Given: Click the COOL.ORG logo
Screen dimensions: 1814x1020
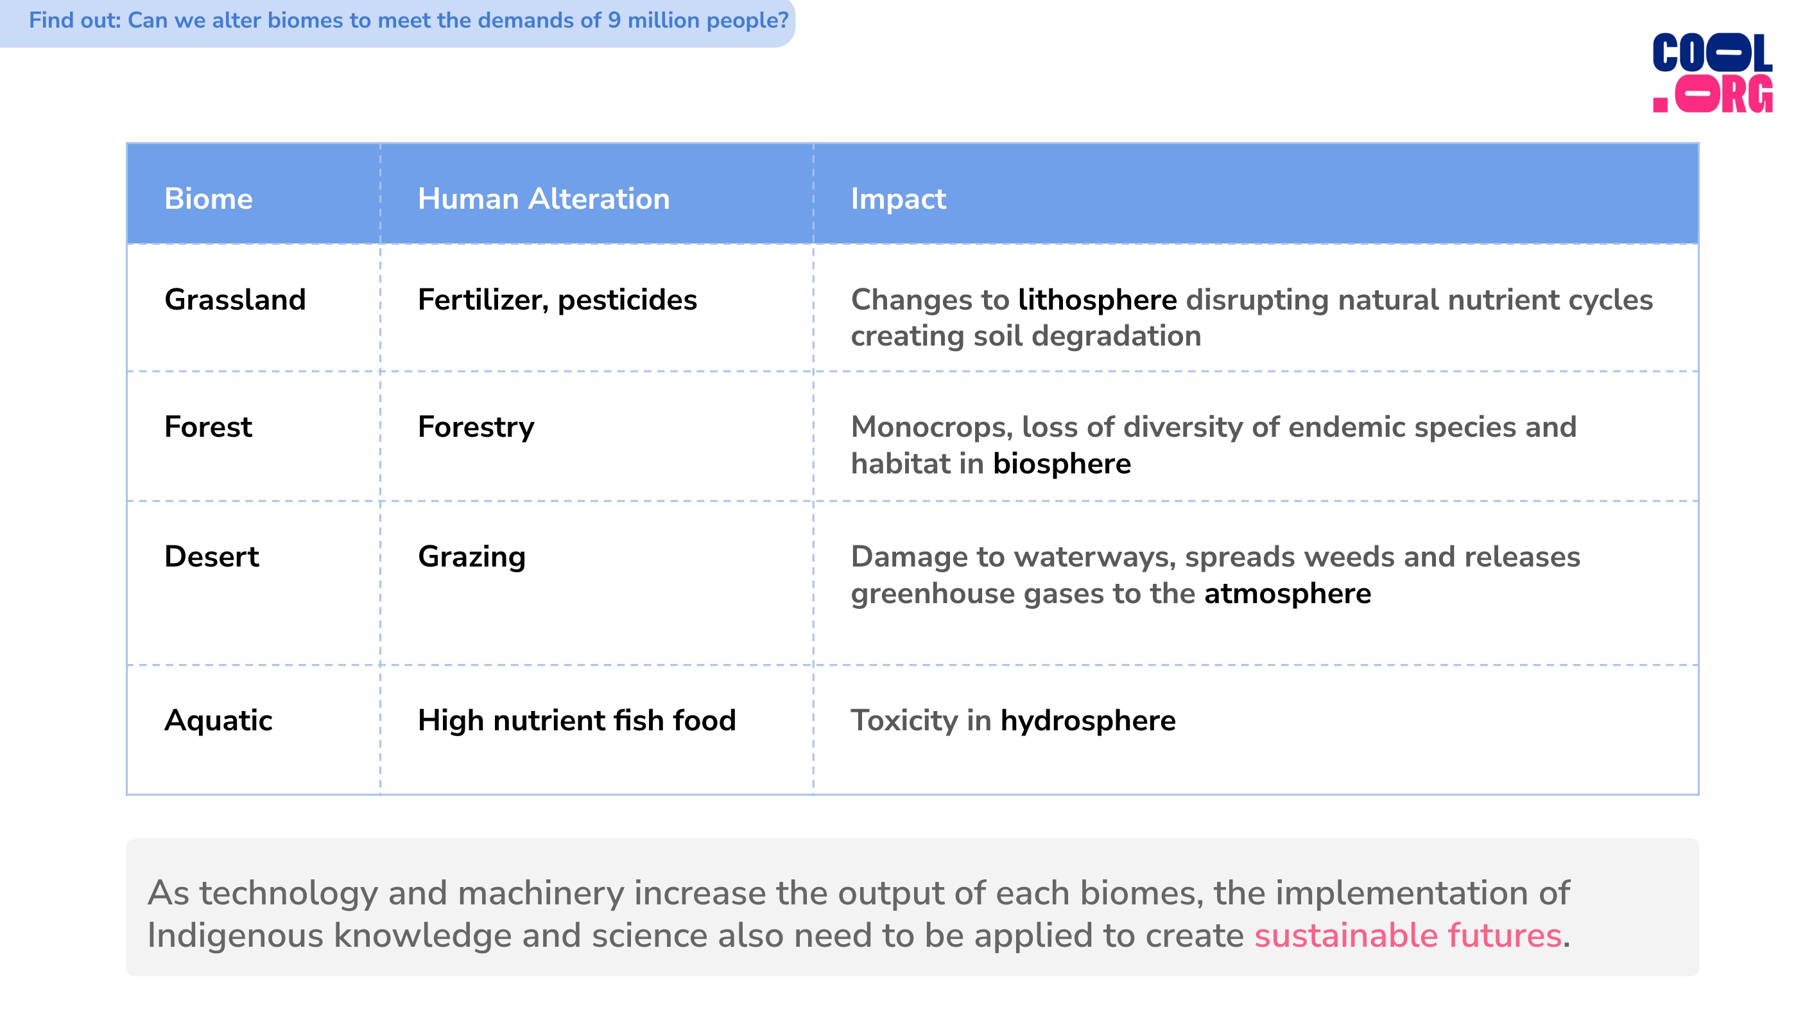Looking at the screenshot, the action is point(1712,73).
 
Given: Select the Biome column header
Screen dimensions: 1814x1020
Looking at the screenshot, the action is point(209,198).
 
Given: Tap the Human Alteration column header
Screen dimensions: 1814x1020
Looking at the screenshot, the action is point(544,198).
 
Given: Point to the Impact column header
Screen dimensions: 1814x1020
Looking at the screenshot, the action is point(899,199).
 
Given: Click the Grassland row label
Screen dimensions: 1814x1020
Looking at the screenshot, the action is point(235,299).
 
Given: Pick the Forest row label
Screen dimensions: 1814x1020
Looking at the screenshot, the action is point(208,427).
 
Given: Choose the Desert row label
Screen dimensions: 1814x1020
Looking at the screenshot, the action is point(211,556).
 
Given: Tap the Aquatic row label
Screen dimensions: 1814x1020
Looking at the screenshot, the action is point(218,721).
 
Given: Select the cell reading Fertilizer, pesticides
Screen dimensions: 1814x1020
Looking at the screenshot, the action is point(557,301).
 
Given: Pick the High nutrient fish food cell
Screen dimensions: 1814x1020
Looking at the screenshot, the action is point(576,721).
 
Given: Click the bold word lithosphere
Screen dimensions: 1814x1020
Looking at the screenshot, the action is point(1097,301).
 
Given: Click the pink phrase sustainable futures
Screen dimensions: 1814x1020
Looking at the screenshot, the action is point(1408,935).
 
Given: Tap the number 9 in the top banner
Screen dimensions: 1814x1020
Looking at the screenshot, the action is point(614,20).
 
